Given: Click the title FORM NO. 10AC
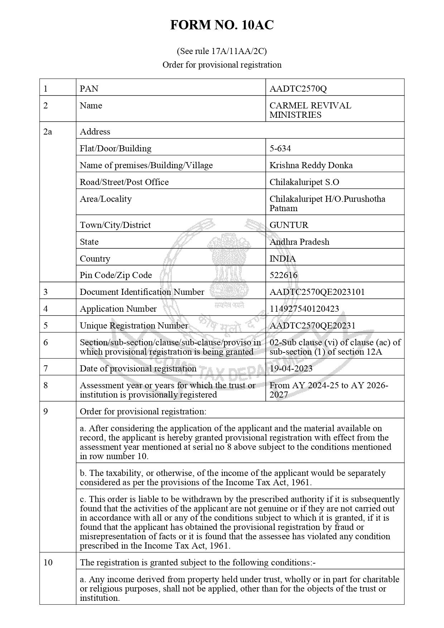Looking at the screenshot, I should [222, 25].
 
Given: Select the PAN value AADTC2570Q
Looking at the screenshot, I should [298, 89].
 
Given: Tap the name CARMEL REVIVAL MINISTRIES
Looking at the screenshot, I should [310, 110].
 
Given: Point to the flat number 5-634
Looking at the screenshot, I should [280, 149].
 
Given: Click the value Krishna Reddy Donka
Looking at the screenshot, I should [311, 165].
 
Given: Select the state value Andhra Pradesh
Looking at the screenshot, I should [299, 242].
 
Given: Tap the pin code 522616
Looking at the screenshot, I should [283, 275].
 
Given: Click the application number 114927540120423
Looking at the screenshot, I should [304, 309].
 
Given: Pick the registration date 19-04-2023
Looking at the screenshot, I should [291, 369].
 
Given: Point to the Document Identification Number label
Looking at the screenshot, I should [142, 292].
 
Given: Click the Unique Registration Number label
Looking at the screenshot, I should [134, 326].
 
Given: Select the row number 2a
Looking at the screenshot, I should [47, 132].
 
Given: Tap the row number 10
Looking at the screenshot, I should [48, 563].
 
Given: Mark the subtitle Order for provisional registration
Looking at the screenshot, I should [222, 65].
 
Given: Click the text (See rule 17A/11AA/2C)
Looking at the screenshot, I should [222, 52].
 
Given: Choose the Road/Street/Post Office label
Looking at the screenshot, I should [124, 182].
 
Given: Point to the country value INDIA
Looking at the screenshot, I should [283, 259].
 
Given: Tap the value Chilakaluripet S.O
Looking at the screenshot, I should [304, 182].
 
